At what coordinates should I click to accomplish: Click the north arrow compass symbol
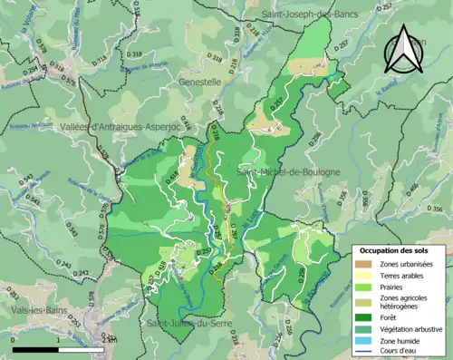point(405,49)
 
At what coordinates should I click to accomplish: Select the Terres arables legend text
point(404,276)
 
